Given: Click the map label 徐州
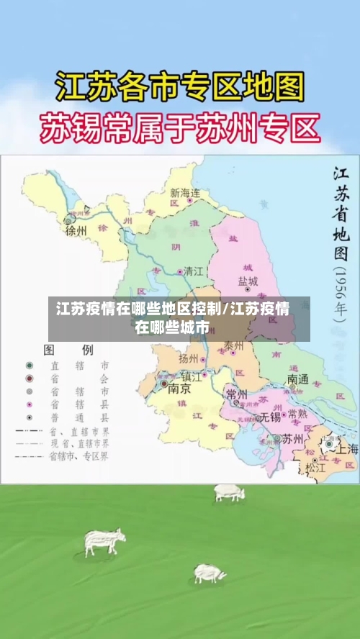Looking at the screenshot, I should (76, 231).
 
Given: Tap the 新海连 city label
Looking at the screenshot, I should (185, 193).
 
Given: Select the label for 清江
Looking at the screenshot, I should (194, 271).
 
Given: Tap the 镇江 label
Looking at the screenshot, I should (192, 376).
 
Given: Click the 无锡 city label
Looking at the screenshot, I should (271, 416).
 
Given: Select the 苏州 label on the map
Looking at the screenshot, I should (292, 438).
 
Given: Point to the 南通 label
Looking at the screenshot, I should (297, 379).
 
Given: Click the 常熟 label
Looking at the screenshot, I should (297, 414).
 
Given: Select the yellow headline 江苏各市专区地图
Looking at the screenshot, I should (179, 89).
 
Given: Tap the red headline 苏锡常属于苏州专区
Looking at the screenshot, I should (179, 130).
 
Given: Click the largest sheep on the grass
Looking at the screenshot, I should (104, 540).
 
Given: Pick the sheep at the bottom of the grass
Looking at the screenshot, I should (209, 574).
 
